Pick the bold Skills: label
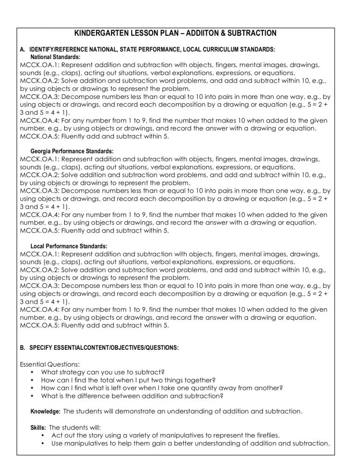pyautogui.click(x=38, y=428)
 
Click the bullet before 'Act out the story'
pyautogui.click(x=43, y=436)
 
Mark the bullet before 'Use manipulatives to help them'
pyautogui.click(x=43, y=443)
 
